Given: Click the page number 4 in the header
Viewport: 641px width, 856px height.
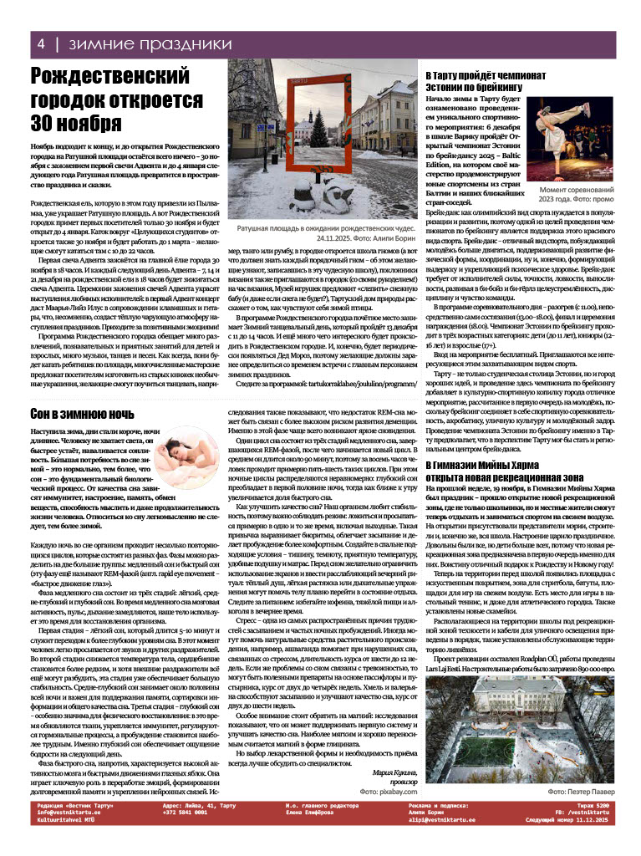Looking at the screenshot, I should tap(39, 43).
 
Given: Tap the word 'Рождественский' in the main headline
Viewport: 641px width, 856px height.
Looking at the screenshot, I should tap(111, 79).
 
